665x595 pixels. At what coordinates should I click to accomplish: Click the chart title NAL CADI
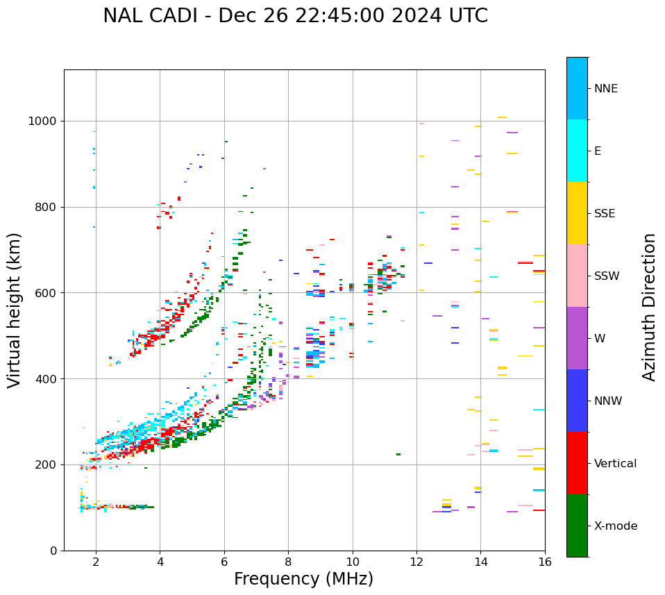tap(295, 16)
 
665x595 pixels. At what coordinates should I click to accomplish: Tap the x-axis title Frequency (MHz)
tap(303, 579)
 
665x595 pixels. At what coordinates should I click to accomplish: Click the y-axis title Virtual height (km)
tap(15, 310)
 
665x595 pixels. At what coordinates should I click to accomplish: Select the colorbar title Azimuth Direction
tap(649, 306)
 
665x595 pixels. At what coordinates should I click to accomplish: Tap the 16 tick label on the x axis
tap(544, 562)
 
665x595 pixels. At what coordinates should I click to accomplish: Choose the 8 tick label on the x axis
tap(288, 562)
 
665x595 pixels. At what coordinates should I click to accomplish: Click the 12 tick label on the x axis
tap(416, 562)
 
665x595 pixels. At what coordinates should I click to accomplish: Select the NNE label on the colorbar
tap(606, 89)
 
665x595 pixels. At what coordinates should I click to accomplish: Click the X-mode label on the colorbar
tap(616, 526)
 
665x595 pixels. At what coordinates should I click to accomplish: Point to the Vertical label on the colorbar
tap(615, 464)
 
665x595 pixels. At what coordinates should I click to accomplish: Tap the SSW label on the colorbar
tap(607, 276)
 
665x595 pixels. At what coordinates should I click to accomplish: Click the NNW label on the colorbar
tap(608, 401)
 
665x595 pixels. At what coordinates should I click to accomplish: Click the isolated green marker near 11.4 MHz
tap(398, 454)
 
